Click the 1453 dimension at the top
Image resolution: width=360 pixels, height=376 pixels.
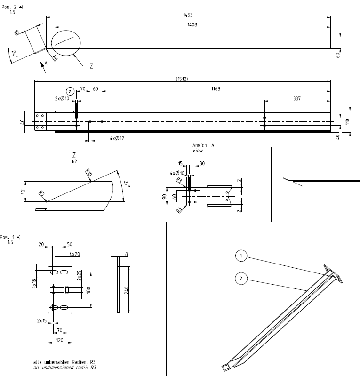187,15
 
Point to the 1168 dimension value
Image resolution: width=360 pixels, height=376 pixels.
216,88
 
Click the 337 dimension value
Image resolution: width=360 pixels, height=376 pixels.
296,98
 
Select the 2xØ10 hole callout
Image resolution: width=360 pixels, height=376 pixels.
62,99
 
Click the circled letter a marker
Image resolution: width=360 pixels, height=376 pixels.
70,91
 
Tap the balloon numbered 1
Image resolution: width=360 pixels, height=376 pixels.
241,256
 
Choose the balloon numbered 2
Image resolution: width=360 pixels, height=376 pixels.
241,279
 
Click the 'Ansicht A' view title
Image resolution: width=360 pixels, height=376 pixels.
203,146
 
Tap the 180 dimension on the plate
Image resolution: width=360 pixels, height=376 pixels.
88,290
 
